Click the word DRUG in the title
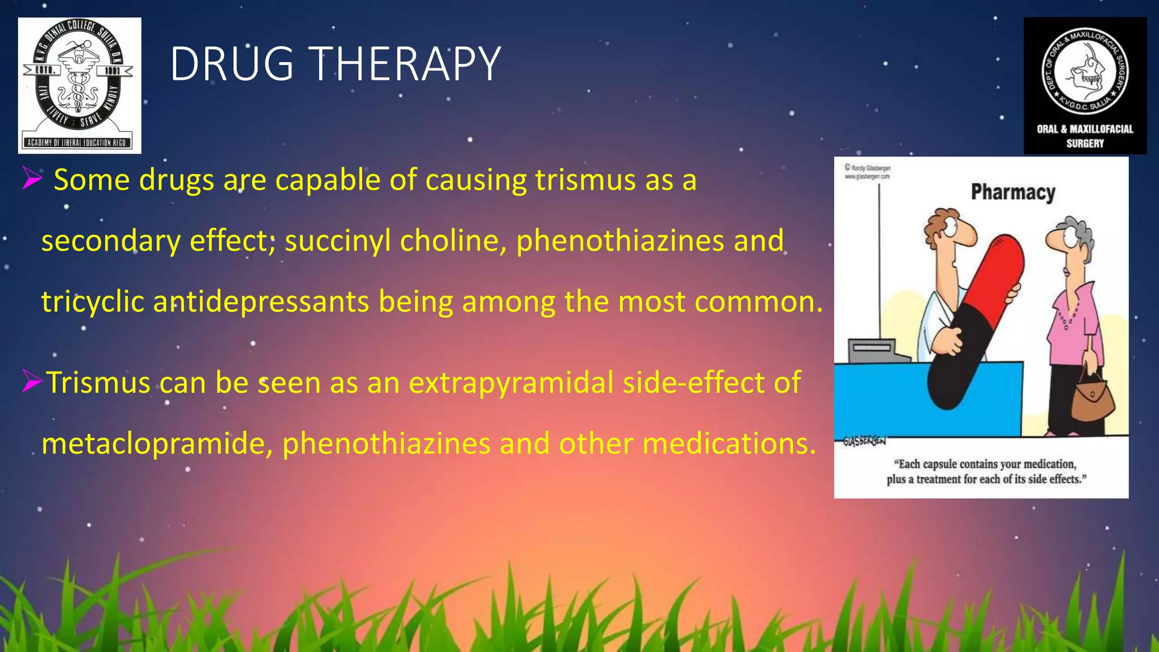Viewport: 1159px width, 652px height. point(231,64)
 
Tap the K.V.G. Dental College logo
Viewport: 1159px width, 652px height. point(79,85)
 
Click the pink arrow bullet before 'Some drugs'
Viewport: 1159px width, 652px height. point(32,179)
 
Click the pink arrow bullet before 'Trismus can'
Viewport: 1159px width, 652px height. point(32,382)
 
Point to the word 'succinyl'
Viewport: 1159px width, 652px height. point(337,241)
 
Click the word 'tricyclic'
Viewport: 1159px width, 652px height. point(93,302)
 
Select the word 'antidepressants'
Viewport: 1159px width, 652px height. point(261,302)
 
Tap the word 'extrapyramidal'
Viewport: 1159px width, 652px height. point(511,383)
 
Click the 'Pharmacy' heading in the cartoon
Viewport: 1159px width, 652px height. point(1013,192)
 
